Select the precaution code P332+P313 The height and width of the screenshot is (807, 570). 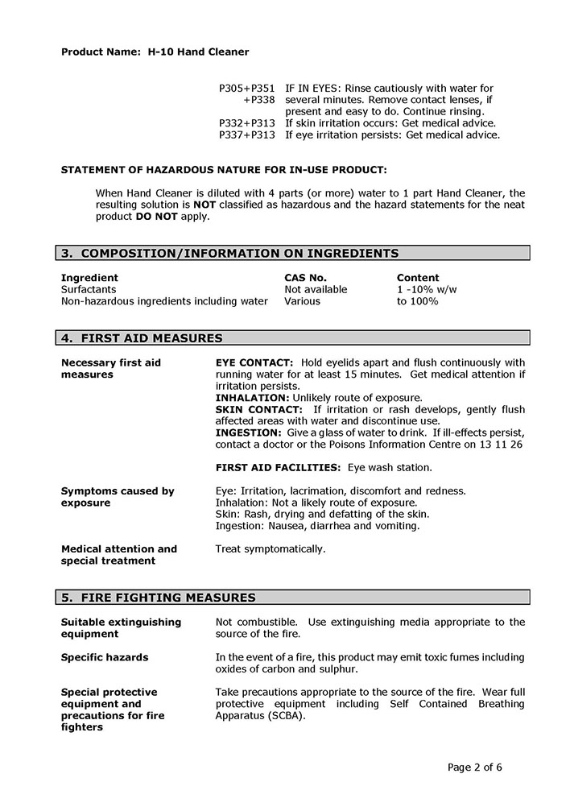pyautogui.click(x=247, y=123)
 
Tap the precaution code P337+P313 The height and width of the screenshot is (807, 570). pyautogui.click(x=247, y=135)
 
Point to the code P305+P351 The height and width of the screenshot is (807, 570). pyautogui.click(x=247, y=88)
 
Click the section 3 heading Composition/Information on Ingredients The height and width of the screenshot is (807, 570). pyautogui.click(x=229, y=254)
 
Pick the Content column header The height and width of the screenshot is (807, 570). pyautogui.click(x=418, y=278)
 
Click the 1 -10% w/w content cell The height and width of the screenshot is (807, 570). pyautogui.click(x=427, y=289)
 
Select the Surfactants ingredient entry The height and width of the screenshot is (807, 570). pyautogui.click(x=89, y=289)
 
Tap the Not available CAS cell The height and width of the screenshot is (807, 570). pyautogui.click(x=316, y=289)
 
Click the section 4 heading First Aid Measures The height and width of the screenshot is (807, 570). pyautogui.click(x=142, y=338)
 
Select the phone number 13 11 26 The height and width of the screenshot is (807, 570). pyautogui.click(x=503, y=444)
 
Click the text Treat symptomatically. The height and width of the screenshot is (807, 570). pyautogui.click(x=271, y=549)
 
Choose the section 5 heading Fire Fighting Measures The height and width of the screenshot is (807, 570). pyautogui.click(x=159, y=598)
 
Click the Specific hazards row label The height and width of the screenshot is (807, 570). pyautogui.click(x=105, y=657)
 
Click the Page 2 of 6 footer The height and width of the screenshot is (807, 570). pyautogui.click(x=474, y=767)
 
